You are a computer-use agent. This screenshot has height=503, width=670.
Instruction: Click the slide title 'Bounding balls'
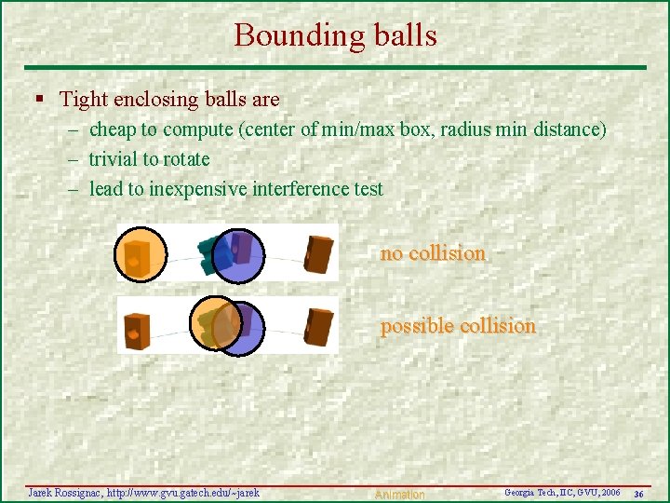(x=335, y=35)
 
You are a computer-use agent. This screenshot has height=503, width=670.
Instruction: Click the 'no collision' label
(x=433, y=253)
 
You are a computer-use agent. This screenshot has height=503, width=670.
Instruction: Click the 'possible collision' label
(x=458, y=326)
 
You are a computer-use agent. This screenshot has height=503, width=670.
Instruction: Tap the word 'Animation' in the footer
(x=399, y=495)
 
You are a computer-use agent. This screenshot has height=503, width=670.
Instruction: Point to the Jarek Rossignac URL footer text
(x=144, y=491)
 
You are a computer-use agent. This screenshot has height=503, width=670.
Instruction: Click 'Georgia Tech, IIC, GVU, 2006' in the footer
(x=562, y=492)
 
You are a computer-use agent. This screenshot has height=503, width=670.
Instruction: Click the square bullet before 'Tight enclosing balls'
(x=38, y=99)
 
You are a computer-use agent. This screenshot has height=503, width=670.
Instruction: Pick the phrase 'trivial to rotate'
(x=149, y=159)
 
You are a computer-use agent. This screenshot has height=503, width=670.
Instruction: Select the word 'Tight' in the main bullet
(x=82, y=99)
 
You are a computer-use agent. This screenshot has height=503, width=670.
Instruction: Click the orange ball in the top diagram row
(x=141, y=253)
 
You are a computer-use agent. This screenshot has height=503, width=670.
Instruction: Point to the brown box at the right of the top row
(x=318, y=254)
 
